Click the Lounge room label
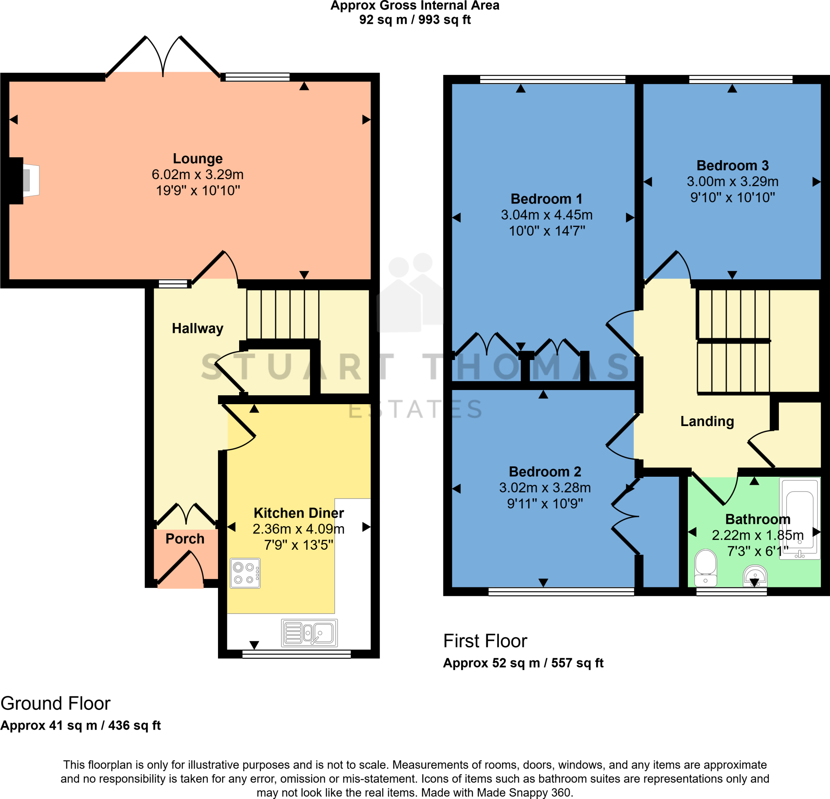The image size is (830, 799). (x=197, y=159)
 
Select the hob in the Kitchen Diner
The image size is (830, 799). (x=245, y=573)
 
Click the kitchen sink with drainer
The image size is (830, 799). (x=309, y=633)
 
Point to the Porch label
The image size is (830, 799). (x=185, y=538)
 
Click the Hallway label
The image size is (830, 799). (x=197, y=328)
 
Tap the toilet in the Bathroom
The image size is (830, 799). (x=706, y=568)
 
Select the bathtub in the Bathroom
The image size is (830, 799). (x=800, y=518)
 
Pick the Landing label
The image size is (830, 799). (x=707, y=421)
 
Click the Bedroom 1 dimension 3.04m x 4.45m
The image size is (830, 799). (x=546, y=215)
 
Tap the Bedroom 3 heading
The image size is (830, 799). (x=732, y=165)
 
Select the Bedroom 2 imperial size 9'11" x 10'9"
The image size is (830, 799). (x=545, y=504)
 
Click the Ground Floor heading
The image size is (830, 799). (x=56, y=703)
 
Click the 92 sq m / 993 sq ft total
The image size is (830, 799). (x=415, y=20)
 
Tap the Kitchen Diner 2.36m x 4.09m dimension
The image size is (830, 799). (x=298, y=529)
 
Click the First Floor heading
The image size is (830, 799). (x=485, y=641)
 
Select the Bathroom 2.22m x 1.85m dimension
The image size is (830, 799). (x=757, y=535)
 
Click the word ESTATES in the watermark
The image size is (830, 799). (x=415, y=409)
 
